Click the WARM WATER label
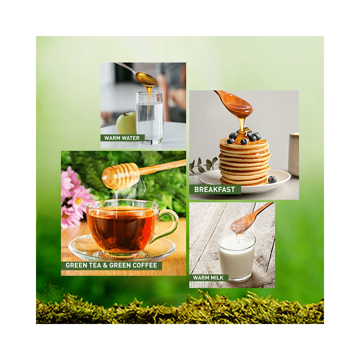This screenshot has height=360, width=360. [122, 138]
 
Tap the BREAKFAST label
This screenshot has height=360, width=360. [215, 189]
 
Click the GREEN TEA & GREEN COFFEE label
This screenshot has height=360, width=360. [111, 266]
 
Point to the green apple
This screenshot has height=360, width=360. [126, 123]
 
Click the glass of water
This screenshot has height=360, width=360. [149, 119]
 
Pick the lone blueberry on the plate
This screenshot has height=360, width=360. [273, 179]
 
